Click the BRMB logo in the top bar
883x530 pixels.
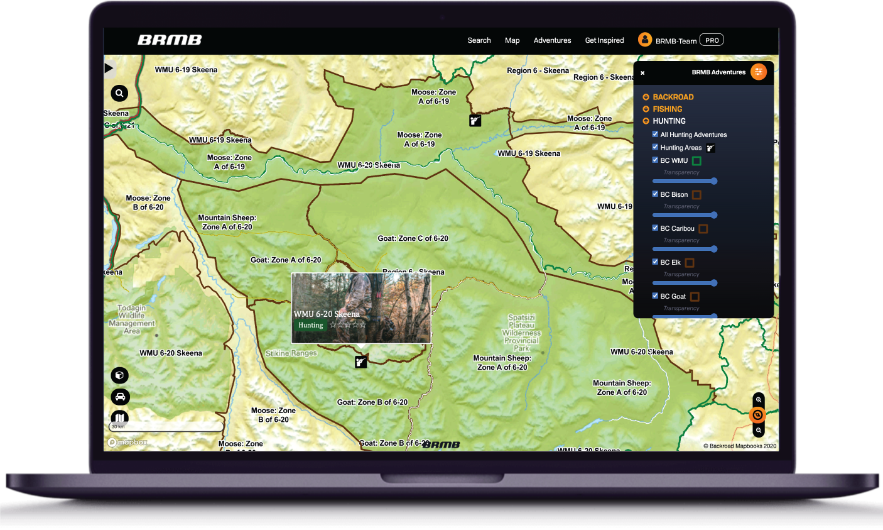170,40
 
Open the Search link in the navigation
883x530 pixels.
479,40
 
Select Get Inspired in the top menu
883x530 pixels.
604,40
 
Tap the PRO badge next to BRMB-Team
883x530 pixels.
712,40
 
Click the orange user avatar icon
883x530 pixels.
645,40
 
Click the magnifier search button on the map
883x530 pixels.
119,94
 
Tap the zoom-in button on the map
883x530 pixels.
759,400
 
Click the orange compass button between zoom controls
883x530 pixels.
758,415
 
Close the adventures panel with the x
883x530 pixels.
642,73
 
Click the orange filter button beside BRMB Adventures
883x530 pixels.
759,72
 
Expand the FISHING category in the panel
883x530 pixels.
667,109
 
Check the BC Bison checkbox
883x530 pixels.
655,194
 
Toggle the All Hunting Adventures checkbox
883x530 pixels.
655,134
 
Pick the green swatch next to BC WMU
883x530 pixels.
696,161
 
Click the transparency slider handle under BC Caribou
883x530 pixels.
714,249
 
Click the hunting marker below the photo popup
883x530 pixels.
360,362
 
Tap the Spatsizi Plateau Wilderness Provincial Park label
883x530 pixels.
521,333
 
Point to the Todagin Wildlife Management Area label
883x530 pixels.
132,319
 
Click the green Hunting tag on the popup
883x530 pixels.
310,325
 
